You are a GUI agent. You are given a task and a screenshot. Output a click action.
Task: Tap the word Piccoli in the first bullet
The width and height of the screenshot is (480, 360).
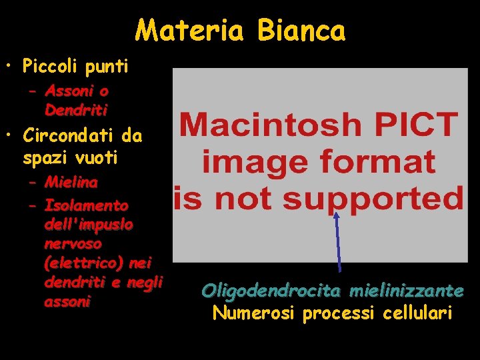(49, 67)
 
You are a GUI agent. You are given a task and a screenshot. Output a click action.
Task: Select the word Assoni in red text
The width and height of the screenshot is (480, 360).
(67, 91)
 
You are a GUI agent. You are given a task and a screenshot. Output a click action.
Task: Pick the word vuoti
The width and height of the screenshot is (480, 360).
(97, 158)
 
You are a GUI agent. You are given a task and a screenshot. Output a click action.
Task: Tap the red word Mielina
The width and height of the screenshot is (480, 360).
(71, 181)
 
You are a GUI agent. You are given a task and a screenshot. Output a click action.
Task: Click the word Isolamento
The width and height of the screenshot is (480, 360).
(86, 205)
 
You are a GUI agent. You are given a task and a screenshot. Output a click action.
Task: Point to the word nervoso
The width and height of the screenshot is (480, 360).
(73, 244)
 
